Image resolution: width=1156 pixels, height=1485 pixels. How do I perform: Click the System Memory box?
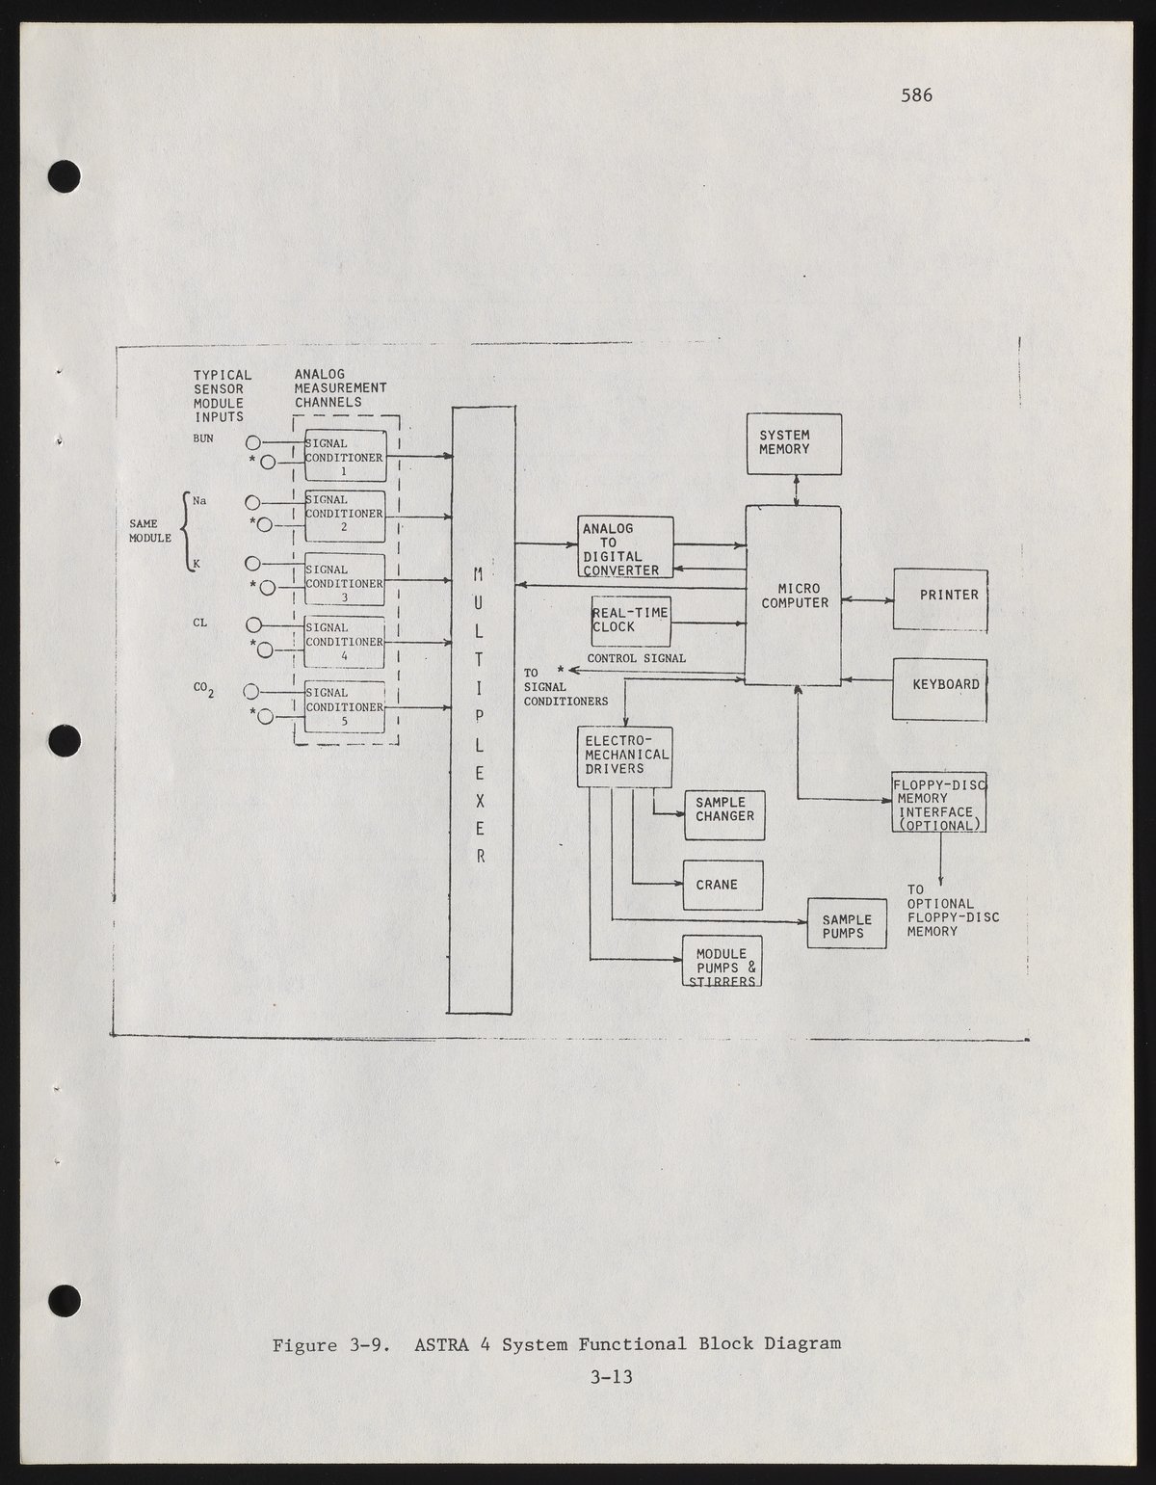795,443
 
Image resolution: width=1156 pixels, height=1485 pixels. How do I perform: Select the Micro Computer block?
794,596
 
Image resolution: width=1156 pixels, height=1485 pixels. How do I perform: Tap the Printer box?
940,598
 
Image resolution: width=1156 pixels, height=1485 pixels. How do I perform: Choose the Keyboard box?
939,688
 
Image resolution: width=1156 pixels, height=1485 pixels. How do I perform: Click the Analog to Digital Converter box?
626,547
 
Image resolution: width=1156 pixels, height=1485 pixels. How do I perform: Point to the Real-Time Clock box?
630,622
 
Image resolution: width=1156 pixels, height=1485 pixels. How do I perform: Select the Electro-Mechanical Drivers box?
624,757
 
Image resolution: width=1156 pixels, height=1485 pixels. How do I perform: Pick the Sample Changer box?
724,814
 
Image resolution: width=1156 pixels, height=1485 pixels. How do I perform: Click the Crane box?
722,885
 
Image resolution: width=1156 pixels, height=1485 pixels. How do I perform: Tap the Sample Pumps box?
847,924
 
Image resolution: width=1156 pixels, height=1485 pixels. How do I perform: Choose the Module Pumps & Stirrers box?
722,962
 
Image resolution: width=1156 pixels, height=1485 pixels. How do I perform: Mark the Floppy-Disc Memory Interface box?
939,802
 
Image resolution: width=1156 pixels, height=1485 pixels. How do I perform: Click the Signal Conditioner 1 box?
345,456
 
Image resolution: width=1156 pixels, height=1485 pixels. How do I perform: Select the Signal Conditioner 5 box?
345,706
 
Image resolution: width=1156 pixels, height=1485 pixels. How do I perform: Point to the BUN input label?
203,438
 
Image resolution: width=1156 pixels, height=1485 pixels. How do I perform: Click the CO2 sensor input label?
203,688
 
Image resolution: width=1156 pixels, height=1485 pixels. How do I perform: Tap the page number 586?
916,94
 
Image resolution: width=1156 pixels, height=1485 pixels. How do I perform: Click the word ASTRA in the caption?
441,1343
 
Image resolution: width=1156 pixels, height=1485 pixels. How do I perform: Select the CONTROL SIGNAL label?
637,658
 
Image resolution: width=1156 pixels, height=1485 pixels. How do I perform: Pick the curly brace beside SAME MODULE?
186,532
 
